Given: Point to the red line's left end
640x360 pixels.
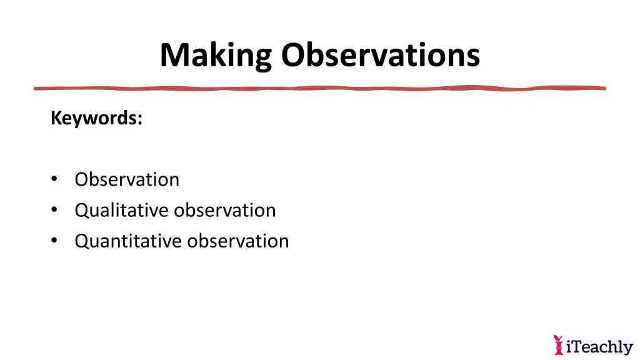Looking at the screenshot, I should click(x=36, y=88).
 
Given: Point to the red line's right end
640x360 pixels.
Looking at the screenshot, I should click(x=604, y=88).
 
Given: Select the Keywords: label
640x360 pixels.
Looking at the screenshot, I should click(x=96, y=117).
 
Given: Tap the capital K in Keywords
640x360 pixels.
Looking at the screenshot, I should click(x=55, y=117).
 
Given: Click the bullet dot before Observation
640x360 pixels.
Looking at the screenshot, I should click(x=55, y=179).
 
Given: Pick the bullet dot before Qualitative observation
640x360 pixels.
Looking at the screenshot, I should click(x=55, y=210).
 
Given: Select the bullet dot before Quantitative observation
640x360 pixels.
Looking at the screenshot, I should click(x=55, y=241).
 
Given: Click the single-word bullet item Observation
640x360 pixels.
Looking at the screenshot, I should click(x=127, y=179).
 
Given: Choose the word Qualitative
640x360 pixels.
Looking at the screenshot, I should click(x=122, y=210).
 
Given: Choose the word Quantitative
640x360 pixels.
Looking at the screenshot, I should click(x=128, y=241).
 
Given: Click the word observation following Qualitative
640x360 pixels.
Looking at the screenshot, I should click(x=225, y=210).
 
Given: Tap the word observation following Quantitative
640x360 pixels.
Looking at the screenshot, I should click(x=238, y=241).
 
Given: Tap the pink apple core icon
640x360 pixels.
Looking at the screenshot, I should click(x=558, y=344).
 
